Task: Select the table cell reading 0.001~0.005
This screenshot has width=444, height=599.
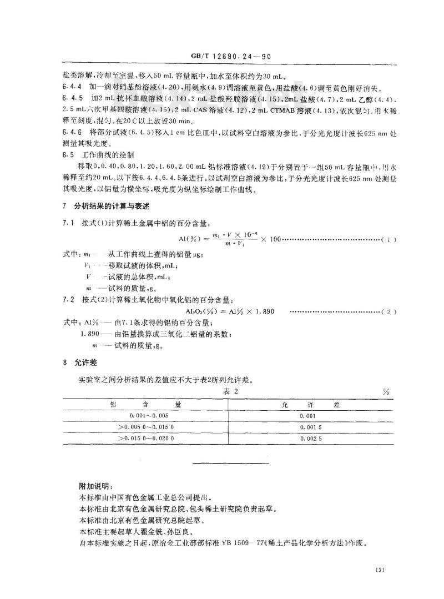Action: coord(146,415)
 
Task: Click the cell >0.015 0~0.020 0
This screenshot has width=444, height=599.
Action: coord(146,439)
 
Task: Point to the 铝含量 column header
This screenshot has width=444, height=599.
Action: coord(146,404)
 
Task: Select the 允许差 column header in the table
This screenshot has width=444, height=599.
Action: coord(311,404)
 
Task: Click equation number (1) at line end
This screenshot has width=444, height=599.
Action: coord(389,239)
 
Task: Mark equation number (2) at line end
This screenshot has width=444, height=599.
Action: coord(389,312)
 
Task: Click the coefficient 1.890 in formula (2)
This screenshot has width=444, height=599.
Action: coord(265,312)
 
